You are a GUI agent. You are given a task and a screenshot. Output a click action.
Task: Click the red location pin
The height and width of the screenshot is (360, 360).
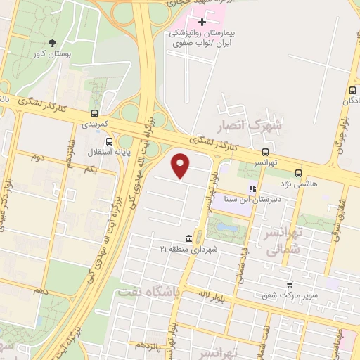[181, 166]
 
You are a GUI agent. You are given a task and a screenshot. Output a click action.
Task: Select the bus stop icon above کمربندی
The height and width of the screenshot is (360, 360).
[95, 113]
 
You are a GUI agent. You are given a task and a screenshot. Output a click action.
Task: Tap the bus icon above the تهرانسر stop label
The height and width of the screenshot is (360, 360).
[265, 152]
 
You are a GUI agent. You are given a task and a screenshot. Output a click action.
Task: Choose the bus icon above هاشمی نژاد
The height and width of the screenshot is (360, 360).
[299, 172]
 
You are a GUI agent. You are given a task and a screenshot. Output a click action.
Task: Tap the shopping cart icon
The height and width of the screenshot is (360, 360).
[290, 285]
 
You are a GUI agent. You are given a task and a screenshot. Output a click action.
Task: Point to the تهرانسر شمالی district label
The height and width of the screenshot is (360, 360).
[284, 243]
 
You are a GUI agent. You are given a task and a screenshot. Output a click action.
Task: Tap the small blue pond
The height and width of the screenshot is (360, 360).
[227, 226]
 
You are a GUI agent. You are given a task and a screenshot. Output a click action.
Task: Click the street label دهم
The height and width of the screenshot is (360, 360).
[40, 290]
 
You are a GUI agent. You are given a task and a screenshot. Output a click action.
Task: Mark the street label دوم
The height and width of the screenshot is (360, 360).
[38, 157]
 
